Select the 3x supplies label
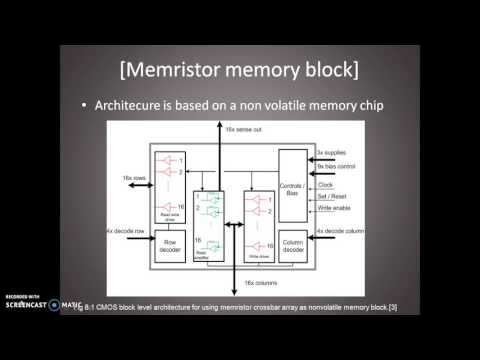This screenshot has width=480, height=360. pyautogui.click(x=329, y=152)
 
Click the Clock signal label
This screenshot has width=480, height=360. pyautogui.click(x=324, y=184)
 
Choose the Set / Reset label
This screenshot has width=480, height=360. pyautogui.click(x=331, y=195)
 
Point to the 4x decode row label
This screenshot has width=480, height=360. pyautogui.click(x=125, y=232)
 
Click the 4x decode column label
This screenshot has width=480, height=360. pyautogui.click(x=340, y=232)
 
